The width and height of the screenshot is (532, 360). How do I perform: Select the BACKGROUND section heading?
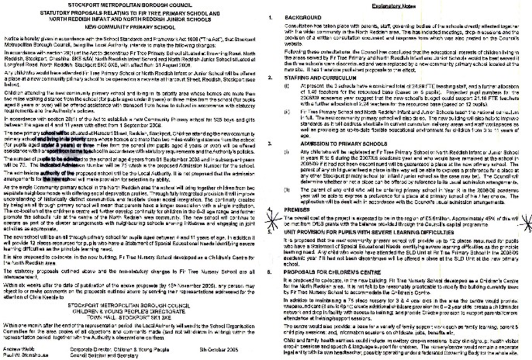coord(305,18)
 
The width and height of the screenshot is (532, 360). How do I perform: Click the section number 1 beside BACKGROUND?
coord(271,18)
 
